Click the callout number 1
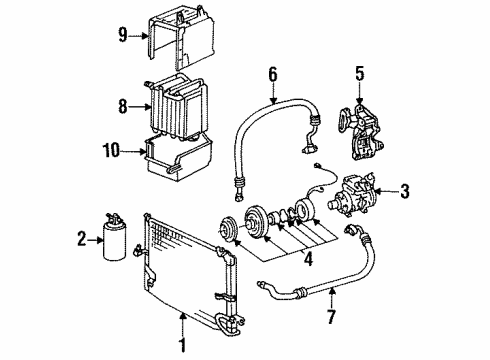[x=182, y=350]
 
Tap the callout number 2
[x=82, y=239]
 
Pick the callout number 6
[x=272, y=73]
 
